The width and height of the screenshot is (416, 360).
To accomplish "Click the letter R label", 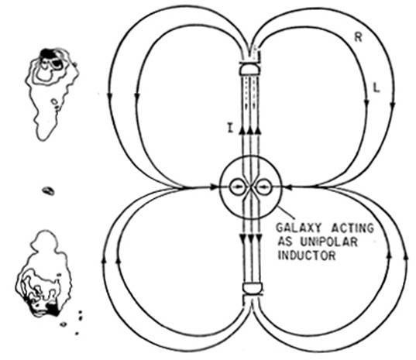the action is (358, 37).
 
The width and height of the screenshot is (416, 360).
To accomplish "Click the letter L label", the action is (376, 88).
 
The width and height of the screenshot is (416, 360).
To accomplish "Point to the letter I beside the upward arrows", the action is (231, 129).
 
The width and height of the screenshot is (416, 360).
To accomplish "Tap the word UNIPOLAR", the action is (329, 242).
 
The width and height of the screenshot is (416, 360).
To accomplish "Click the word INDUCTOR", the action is (307, 255).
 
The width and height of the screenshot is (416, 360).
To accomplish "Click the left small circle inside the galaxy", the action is (237, 187).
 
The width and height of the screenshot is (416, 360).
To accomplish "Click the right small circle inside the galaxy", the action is (263, 187).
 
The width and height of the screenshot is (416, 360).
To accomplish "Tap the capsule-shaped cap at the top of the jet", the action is (249, 69).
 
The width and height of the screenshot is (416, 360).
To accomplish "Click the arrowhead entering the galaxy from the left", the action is (214, 187).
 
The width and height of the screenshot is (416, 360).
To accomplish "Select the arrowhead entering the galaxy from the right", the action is (288, 187).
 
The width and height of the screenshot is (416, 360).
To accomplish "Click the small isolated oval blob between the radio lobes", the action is (49, 191).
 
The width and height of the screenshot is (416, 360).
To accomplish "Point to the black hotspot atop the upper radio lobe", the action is (48, 53).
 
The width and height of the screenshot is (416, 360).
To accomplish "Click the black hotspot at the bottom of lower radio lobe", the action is (53, 310).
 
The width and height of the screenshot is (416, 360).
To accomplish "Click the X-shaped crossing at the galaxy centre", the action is (250, 187).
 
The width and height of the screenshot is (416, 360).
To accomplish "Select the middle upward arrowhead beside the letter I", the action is (249, 130).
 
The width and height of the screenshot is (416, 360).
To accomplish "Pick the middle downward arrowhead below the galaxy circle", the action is (250, 239).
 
